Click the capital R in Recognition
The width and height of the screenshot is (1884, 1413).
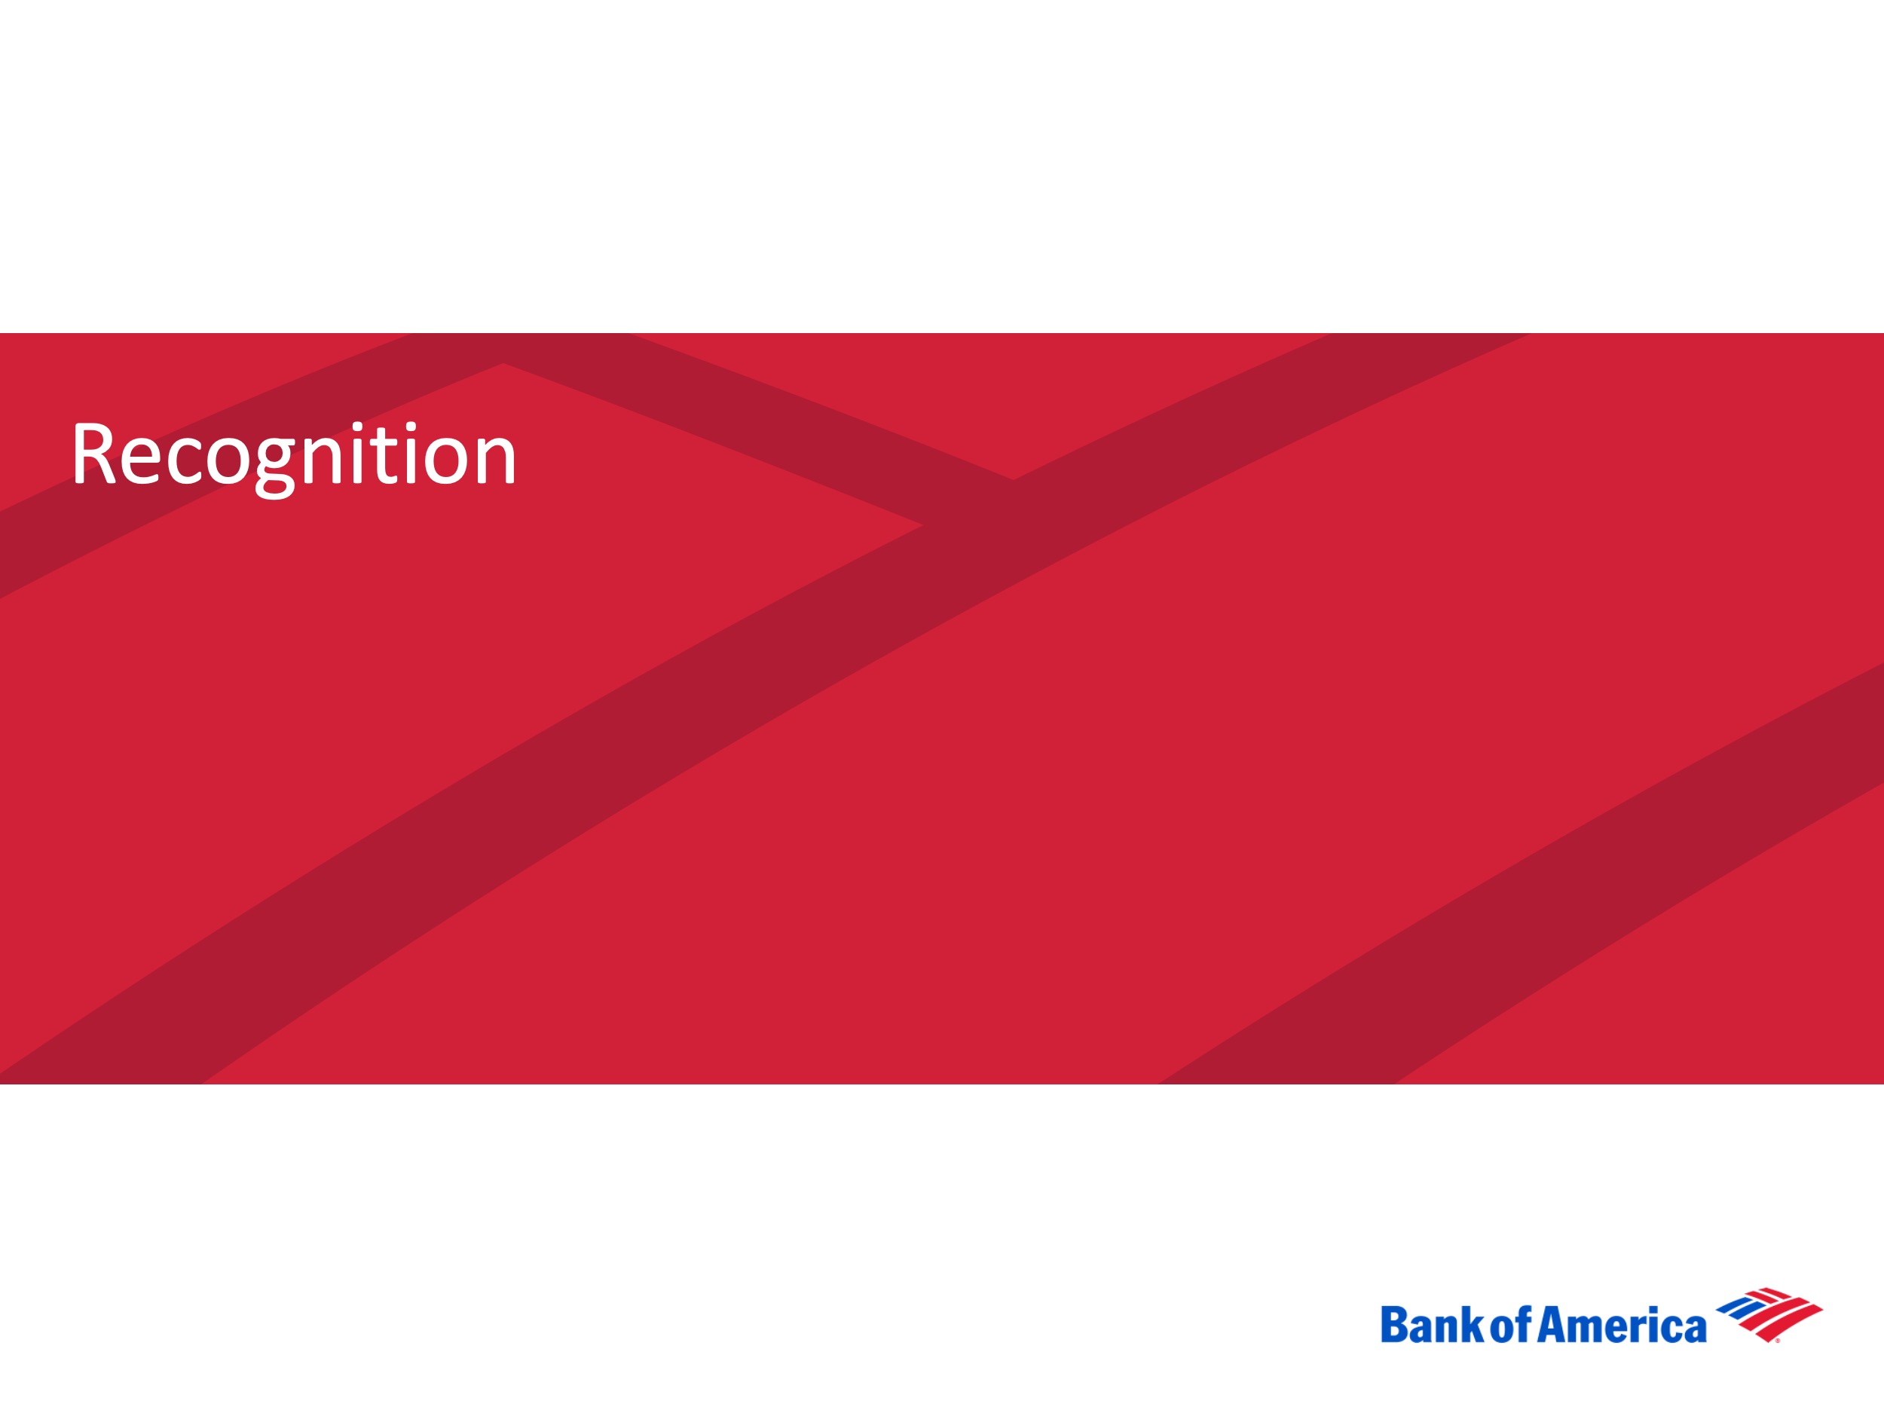pyautogui.click(x=93, y=453)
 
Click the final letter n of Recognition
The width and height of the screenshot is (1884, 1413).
pyautogui.click(x=494, y=460)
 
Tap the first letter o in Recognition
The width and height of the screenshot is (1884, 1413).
pyautogui.click(x=228, y=460)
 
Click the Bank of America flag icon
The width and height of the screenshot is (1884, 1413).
pyautogui.click(x=1769, y=1314)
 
